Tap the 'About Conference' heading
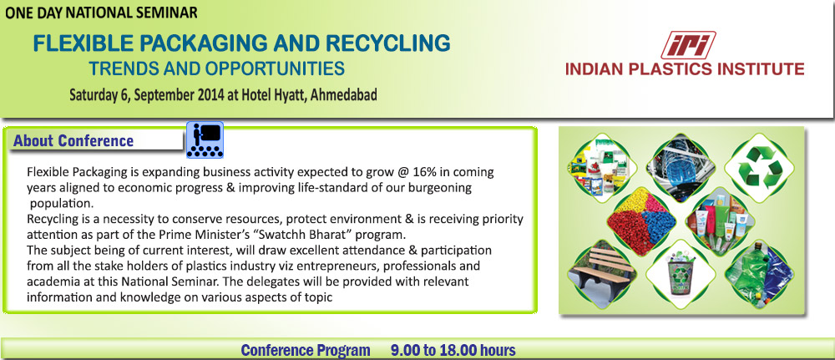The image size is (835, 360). pos(73,140)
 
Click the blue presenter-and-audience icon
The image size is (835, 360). pos(204,140)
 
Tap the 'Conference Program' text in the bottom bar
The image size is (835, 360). pos(305,350)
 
